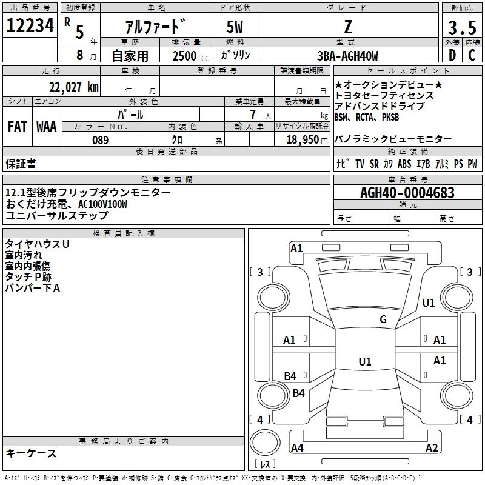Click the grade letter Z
[x=347, y=27]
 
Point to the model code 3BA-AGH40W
[x=347, y=56]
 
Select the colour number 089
[x=100, y=140]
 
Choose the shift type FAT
[x=17, y=127]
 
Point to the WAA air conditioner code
[x=47, y=127]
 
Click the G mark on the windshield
[x=383, y=319]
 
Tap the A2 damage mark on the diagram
[x=432, y=448]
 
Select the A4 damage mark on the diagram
[x=297, y=448]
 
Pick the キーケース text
[x=31, y=453]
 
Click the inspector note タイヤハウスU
[x=37, y=244]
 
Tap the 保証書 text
[x=21, y=163]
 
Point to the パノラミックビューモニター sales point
[x=393, y=139]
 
